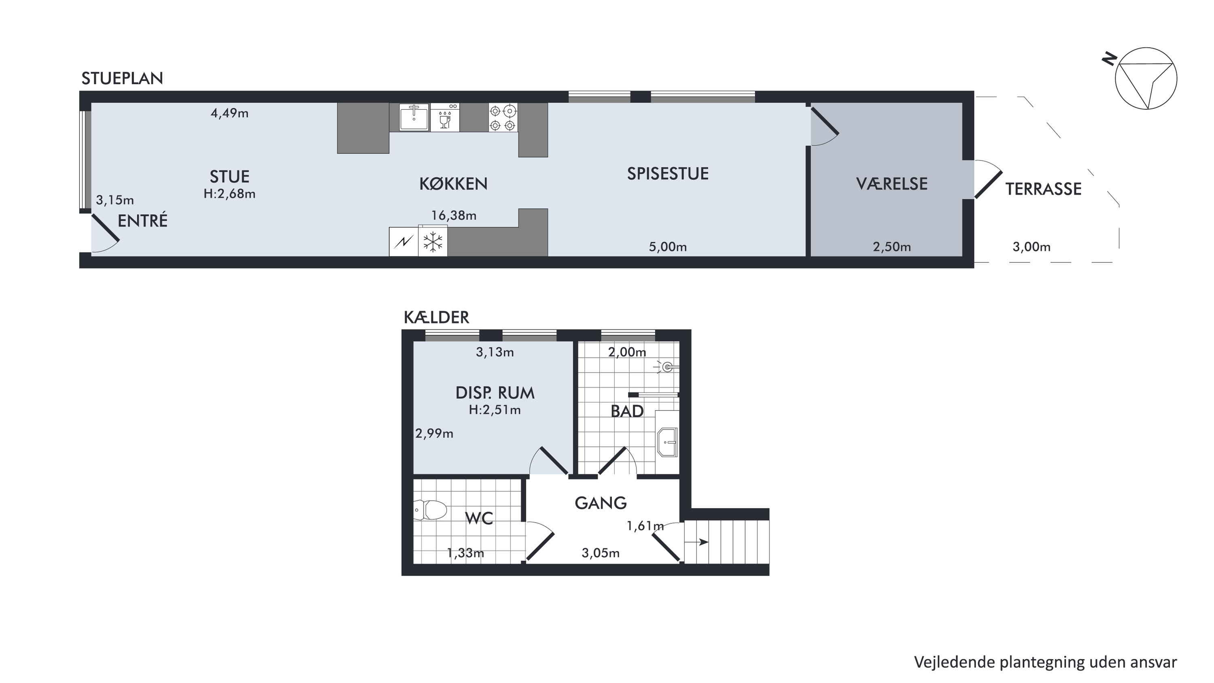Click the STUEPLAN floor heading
pyautogui.click(x=122, y=78)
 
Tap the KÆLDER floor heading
pyautogui.click(x=436, y=317)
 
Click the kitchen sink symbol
pyautogui.click(x=414, y=117)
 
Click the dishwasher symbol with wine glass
pyautogui.click(x=445, y=117)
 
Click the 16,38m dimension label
pyautogui.click(x=454, y=215)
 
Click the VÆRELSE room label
pyautogui.click(x=891, y=184)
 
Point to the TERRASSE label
pyautogui.click(x=1043, y=189)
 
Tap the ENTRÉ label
pyautogui.click(x=142, y=220)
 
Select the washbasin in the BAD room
pyautogui.click(x=667, y=442)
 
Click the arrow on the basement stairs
pyautogui.click(x=696, y=542)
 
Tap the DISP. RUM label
pyautogui.click(x=495, y=393)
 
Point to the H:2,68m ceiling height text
pyautogui.click(x=229, y=194)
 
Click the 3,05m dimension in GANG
pyautogui.click(x=601, y=553)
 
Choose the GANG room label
pyautogui.click(x=601, y=503)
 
